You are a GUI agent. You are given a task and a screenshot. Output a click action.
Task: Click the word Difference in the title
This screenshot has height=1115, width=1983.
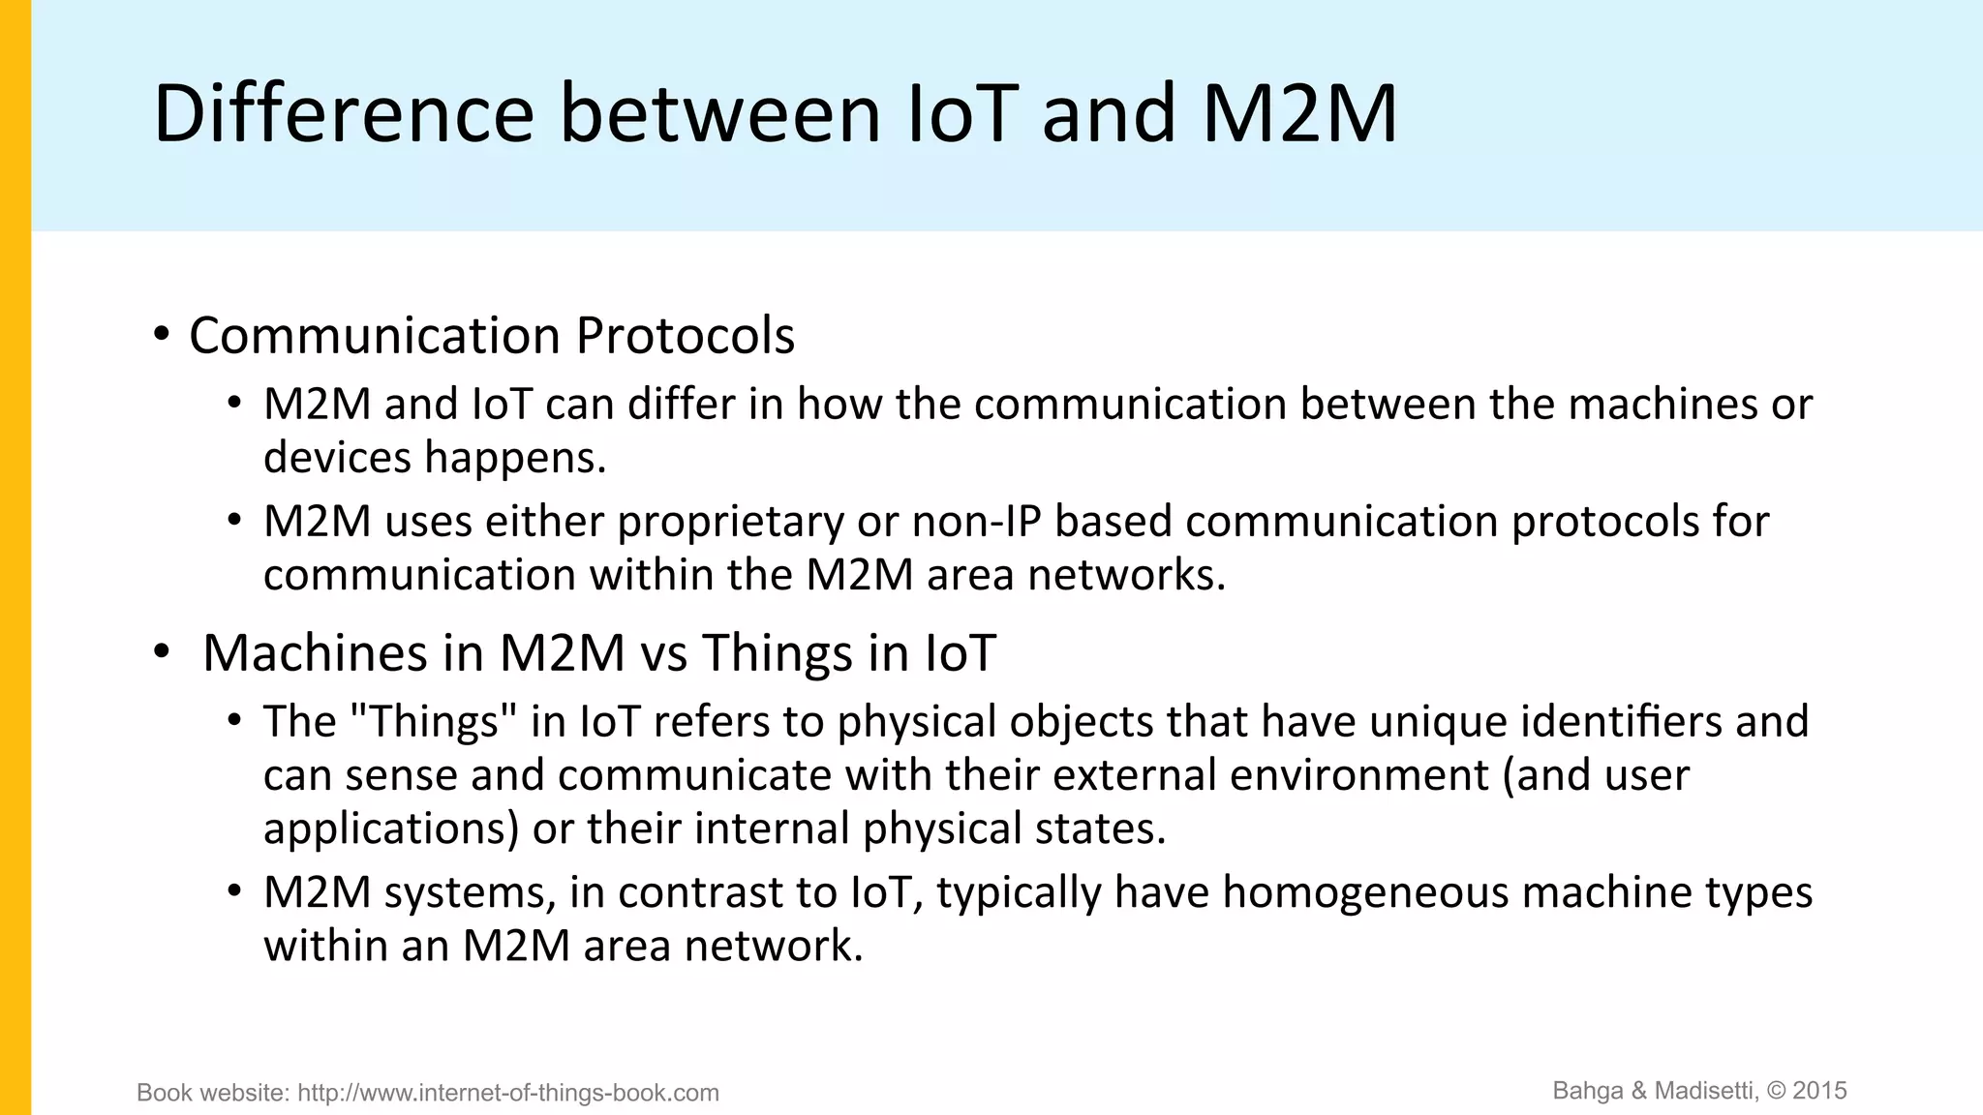tap(344, 113)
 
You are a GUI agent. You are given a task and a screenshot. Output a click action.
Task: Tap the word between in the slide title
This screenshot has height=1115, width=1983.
tap(720, 113)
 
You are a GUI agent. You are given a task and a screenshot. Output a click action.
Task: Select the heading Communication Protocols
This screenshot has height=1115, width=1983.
tap(492, 336)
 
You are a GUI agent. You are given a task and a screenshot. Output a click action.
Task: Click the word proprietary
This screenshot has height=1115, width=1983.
tap(731, 522)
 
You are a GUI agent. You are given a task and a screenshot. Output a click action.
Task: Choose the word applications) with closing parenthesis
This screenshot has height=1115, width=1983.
tap(392, 829)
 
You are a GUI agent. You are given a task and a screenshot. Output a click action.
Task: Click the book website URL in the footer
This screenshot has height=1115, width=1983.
tap(508, 1093)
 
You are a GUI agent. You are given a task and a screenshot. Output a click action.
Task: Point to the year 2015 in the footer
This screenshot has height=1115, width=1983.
tap(1820, 1091)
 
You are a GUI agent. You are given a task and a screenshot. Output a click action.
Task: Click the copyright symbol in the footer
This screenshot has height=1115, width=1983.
tap(1777, 1091)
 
